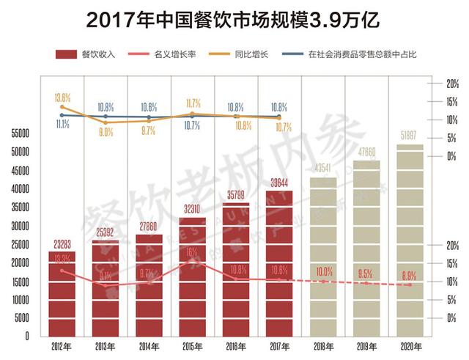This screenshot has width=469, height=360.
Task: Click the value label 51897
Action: click(x=410, y=137)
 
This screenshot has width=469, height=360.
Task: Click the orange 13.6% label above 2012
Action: click(x=63, y=97)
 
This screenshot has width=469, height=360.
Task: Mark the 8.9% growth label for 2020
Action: click(x=410, y=275)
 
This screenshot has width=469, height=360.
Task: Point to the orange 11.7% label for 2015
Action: click(x=193, y=103)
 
